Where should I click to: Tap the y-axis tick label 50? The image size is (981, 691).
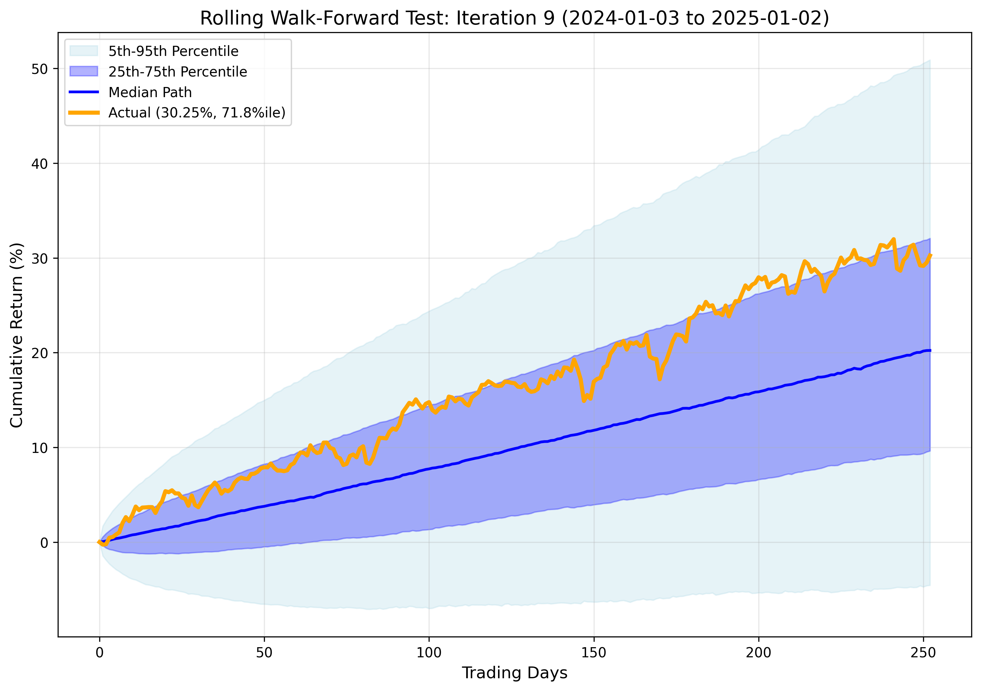point(39,69)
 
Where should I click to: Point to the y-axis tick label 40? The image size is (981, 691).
point(39,164)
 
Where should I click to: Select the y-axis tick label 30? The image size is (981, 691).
point(39,258)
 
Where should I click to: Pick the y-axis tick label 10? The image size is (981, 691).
point(39,448)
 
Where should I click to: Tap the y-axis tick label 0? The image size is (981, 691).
point(44,543)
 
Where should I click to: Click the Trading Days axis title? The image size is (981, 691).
point(514,673)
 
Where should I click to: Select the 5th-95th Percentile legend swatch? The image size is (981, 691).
point(84,51)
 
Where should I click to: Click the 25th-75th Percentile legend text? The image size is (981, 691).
point(178,72)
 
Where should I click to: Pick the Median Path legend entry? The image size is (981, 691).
point(150,92)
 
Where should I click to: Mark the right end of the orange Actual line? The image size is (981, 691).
point(931,255)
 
